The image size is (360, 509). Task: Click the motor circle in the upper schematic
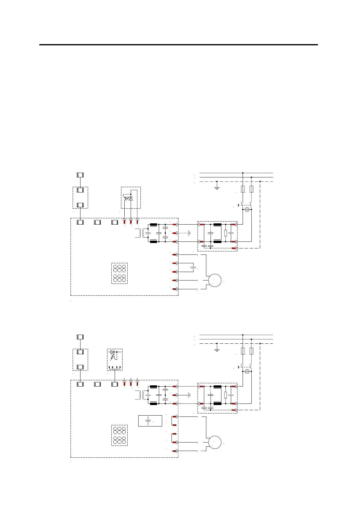point(214,280)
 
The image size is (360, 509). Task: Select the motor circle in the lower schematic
point(214,442)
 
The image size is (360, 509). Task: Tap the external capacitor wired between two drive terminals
point(194,267)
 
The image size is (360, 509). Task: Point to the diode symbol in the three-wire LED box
point(131,199)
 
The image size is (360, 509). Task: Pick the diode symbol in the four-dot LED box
point(113,352)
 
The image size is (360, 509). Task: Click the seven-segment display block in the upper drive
point(119,273)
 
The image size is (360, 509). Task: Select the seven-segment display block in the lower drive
point(119,435)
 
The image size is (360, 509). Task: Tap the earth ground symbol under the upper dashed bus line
point(217,187)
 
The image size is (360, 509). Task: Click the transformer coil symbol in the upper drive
point(139,233)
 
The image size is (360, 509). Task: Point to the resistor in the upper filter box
point(226,233)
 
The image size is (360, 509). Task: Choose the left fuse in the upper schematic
point(243,189)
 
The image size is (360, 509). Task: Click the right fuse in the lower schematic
point(251,351)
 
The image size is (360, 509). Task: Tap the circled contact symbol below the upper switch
point(247,209)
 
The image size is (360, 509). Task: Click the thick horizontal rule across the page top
point(178,45)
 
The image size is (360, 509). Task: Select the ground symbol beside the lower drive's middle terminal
point(189,395)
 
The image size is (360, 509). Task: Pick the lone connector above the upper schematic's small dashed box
point(80,175)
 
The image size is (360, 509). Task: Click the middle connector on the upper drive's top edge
point(97,222)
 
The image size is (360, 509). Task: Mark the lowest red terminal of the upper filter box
point(234,248)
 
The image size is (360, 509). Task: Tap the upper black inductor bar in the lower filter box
point(217,387)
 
